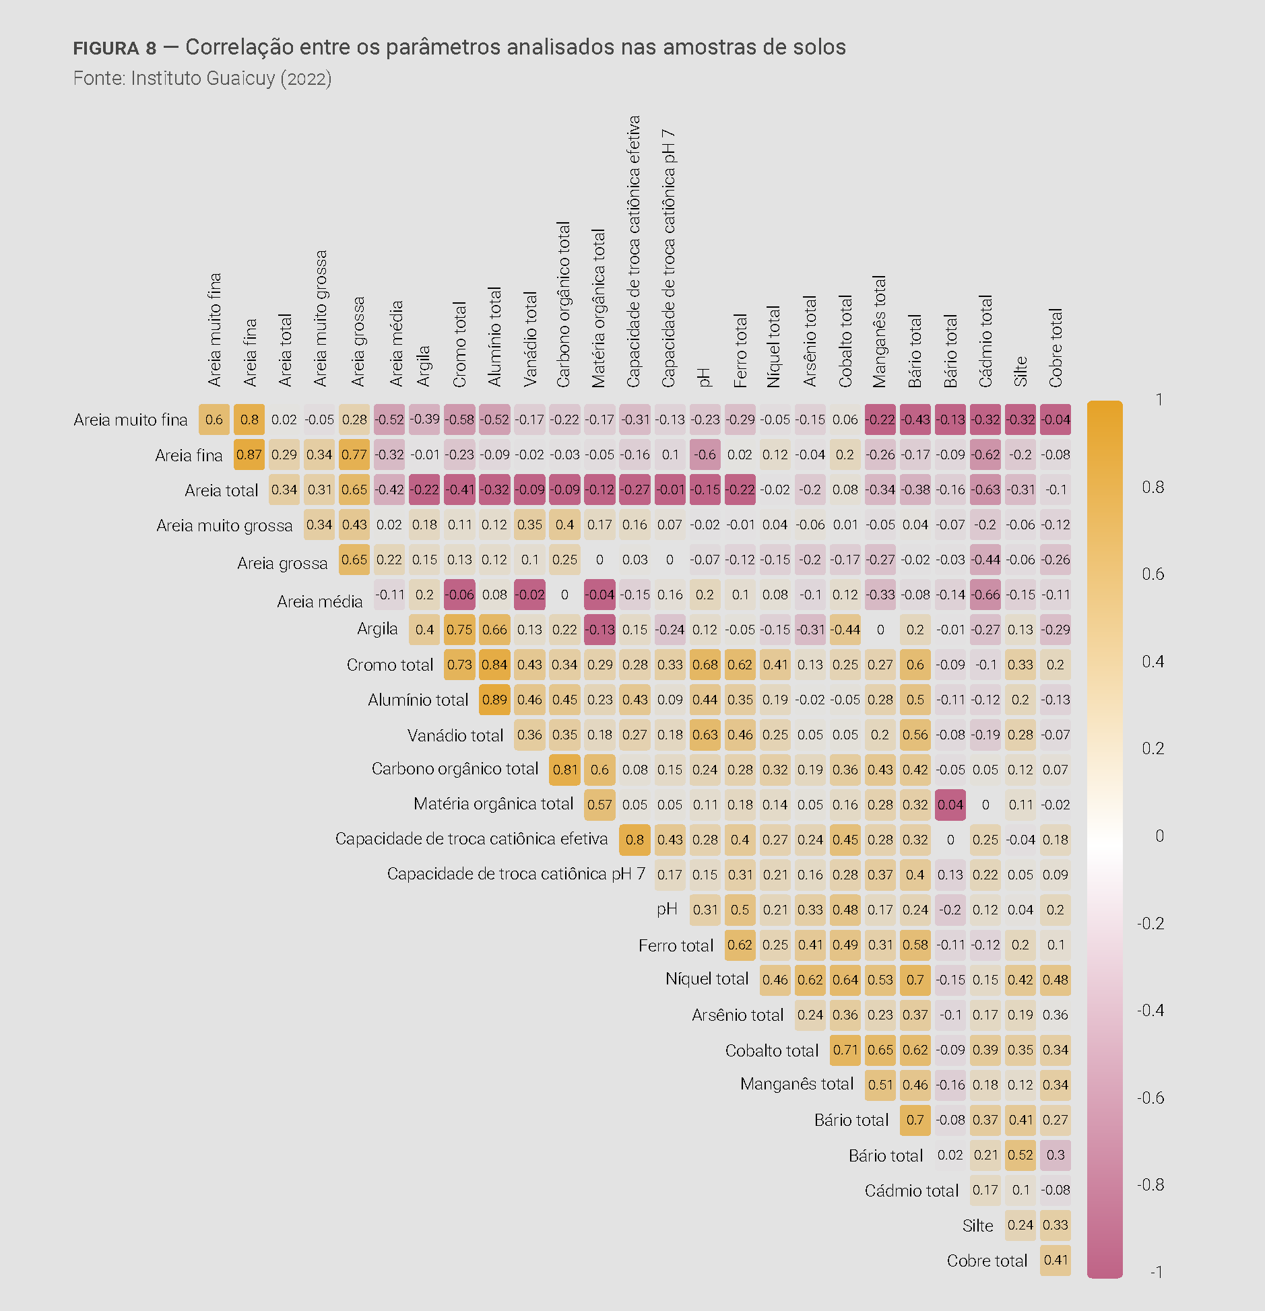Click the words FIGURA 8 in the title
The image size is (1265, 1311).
click(115, 48)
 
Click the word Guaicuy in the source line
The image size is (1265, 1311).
click(241, 79)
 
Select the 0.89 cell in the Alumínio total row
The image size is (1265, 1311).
click(494, 700)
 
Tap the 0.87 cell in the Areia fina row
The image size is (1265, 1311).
click(249, 455)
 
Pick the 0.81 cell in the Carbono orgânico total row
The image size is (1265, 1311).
click(564, 770)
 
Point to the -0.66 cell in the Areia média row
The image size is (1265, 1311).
click(985, 595)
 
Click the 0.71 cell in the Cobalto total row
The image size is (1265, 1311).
click(845, 1050)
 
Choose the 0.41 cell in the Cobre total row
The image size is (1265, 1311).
click(1055, 1260)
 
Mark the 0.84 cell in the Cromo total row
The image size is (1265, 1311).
click(494, 665)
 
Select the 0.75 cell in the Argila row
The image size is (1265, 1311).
click(459, 630)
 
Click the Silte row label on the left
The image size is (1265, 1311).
click(977, 1225)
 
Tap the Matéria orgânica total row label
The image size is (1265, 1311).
click(493, 804)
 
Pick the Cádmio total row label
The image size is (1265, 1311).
click(911, 1190)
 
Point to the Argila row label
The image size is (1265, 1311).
click(377, 629)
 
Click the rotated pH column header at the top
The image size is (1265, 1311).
click(705, 377)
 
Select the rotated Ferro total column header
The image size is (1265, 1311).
click(740, 350)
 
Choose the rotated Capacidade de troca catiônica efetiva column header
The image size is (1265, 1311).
click(634, 252)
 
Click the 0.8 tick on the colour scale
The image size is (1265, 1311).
click(1153, 487)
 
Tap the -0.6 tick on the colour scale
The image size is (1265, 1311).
click(1150, 1098)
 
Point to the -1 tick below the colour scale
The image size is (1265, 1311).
click(1156, 1272)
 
